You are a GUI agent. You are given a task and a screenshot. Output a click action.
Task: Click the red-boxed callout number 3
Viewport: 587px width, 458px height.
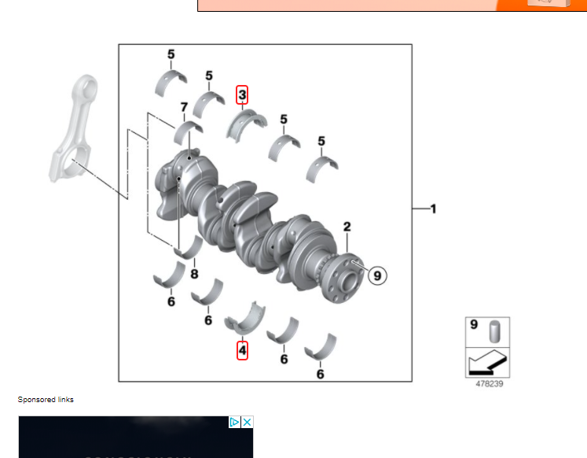point(242,94)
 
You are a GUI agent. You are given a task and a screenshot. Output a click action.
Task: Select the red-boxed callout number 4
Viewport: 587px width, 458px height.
point(242,350)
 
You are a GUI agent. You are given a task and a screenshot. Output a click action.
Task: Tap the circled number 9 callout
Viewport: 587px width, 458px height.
point(377,275)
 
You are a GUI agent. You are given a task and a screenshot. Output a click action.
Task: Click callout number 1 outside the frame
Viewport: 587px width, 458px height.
point(433,209)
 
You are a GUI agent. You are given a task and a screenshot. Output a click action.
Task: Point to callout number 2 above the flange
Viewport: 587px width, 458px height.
point(347,227)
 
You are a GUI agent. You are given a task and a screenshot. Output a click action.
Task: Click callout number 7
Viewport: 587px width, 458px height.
point(184,107)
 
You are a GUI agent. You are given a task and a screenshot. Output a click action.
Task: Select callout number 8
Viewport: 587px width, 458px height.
point(194,274)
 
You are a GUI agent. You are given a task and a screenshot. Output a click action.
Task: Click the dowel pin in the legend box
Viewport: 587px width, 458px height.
point(494,331)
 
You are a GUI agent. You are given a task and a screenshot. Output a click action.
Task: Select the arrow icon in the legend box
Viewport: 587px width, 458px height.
point(487,363)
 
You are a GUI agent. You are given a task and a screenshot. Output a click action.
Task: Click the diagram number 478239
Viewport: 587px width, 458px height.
point(490,384)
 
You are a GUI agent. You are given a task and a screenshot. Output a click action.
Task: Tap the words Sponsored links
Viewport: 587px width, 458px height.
point(46,400)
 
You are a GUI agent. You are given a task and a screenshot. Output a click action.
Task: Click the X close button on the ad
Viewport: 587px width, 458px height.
point(247,423)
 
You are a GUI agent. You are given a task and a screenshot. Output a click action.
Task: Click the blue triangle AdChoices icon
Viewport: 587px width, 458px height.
point(234,423)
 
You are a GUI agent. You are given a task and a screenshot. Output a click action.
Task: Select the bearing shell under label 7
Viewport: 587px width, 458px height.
point(187,132)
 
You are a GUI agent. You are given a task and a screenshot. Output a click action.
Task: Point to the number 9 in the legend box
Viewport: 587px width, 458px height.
point(474,324)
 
